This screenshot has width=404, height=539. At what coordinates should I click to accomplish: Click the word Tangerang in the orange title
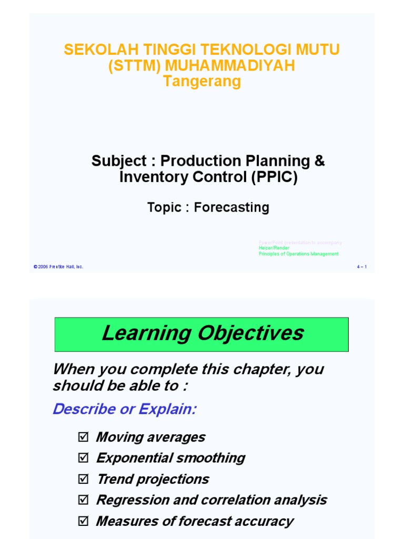pyautogui.click(x=202, y=82)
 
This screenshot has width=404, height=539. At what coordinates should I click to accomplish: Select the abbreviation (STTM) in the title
pyautogui.click(x=136, y=66)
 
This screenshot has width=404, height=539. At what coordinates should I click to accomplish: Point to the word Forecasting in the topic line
pyautogui.click(x=231, y=207)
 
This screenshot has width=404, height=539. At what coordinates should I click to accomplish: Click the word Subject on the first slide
pyautogui.click(x=117, y=161)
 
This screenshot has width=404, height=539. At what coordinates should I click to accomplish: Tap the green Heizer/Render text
pyautogui.click(x=274, y=248)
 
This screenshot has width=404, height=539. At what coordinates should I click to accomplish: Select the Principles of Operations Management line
pyautogui.click(x=298, y=254)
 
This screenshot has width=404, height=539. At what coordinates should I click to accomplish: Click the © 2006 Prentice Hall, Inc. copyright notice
pyautogui.click(x=58, y=267)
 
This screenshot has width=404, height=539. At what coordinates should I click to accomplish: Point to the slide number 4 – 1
pyautogui.click(x=361, y=267)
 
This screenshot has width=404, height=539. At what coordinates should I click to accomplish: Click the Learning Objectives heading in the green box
pyautogui.click(x=203, y=333)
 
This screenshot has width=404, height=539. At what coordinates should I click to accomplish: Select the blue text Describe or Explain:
pyautogui.click(x=124, y=409)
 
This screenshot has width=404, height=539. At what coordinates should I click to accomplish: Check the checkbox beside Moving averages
pyautogui.click(x=83, y=437)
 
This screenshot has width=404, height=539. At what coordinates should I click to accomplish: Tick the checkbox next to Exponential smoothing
pyautogui.click(x=83, y=458)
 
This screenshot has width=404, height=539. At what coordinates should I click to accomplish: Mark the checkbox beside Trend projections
pyautogui.click(x=83, y=480)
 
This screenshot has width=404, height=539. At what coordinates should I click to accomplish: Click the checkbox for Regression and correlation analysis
pyautogui.click(x=83, y=501)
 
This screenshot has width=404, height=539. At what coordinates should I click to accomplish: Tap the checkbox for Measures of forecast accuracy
pyautogui.click(x=83, y=522)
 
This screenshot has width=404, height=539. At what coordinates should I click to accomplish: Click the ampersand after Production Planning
pyautogui.click(x=319, y=161)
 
